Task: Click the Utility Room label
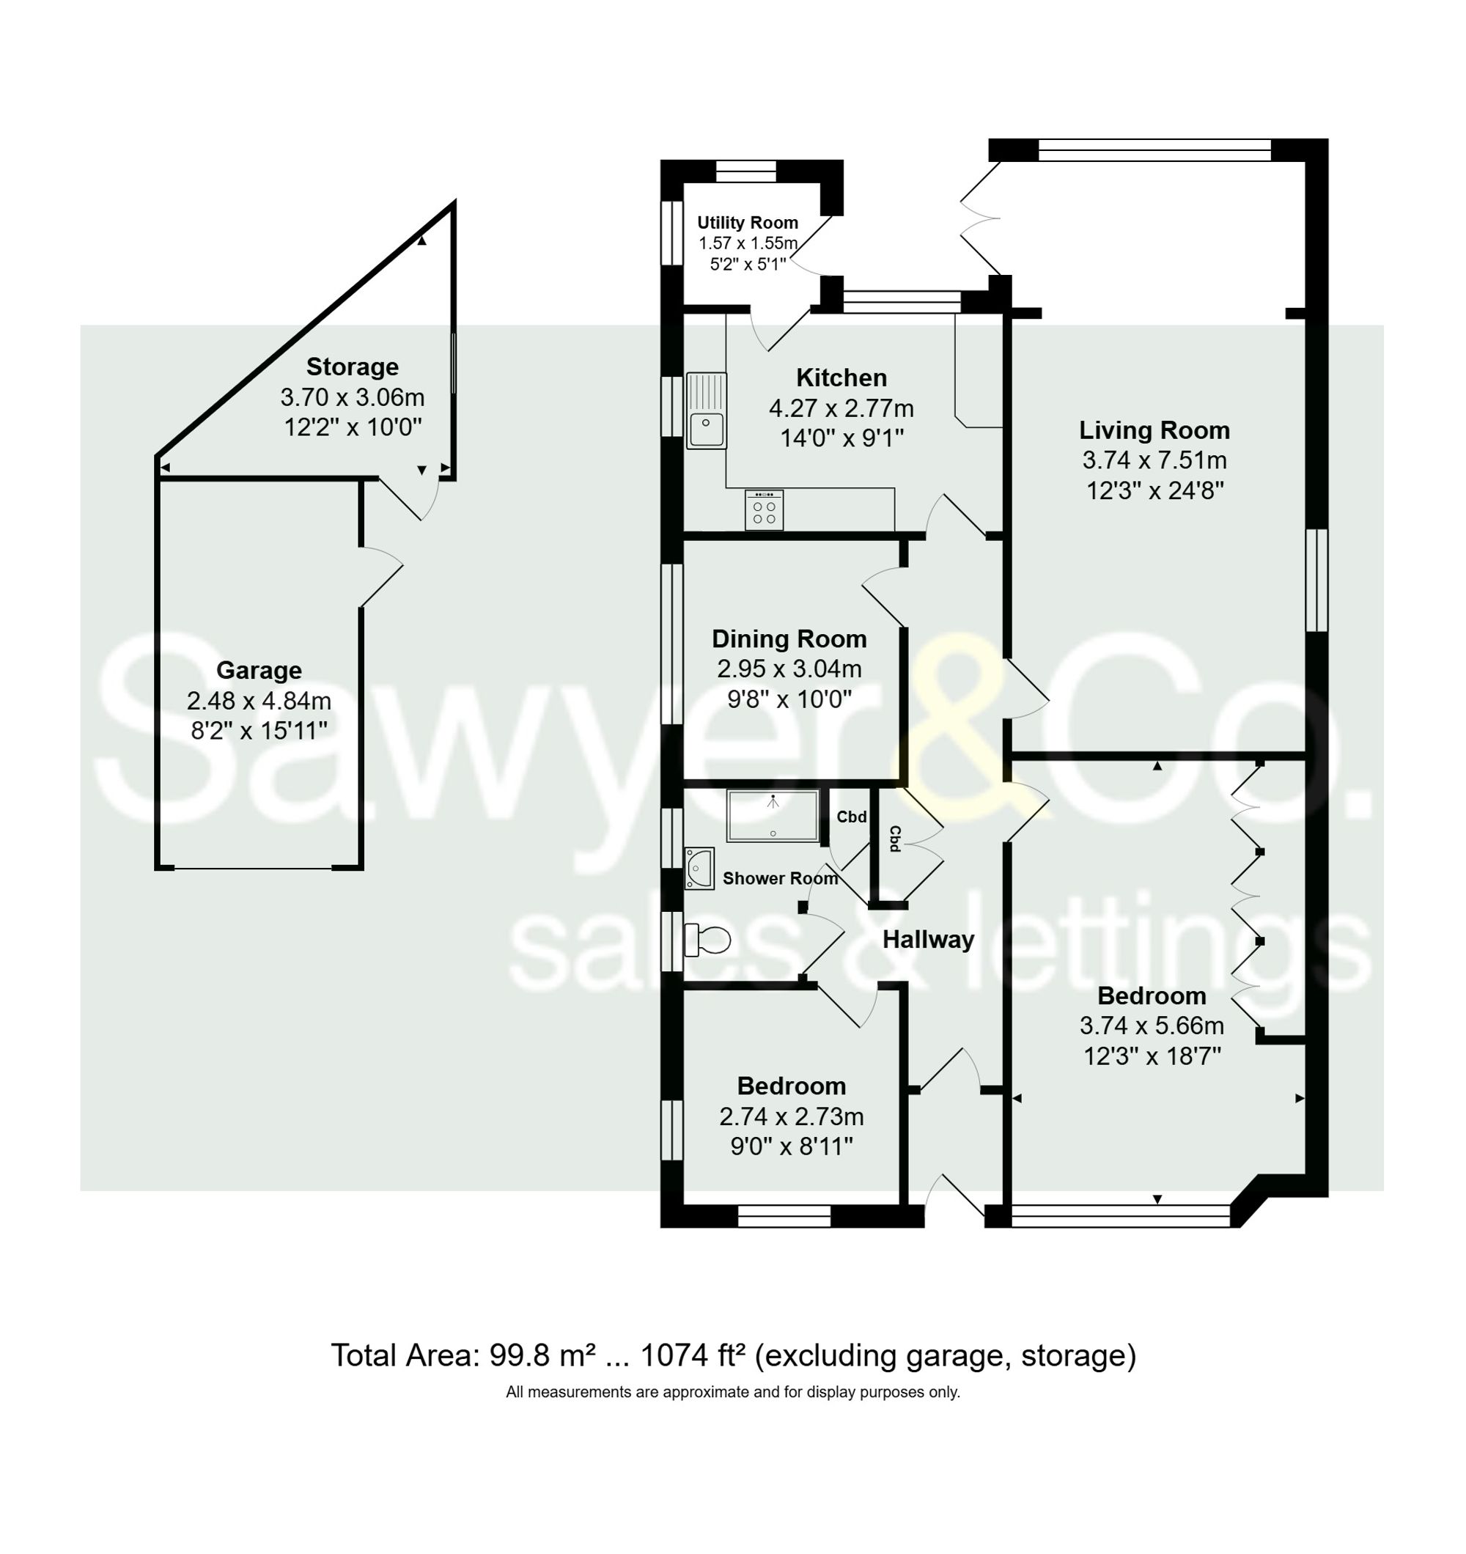click(748, 223)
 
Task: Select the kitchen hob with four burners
click(764, 509)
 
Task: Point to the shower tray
click(773, 815)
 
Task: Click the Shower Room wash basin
click(699, 869)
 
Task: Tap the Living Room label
click(1154, 430)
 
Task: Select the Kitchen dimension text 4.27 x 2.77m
click(841, 408)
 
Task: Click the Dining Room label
click(789, 638)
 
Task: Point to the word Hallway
click(928, 939)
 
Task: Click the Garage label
click(259, 670)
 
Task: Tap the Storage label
click(352, 367)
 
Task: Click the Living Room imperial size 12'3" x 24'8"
click(1154, 491)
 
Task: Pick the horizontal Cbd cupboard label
click(852, 817)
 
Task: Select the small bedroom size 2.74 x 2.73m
click(791, 1116)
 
